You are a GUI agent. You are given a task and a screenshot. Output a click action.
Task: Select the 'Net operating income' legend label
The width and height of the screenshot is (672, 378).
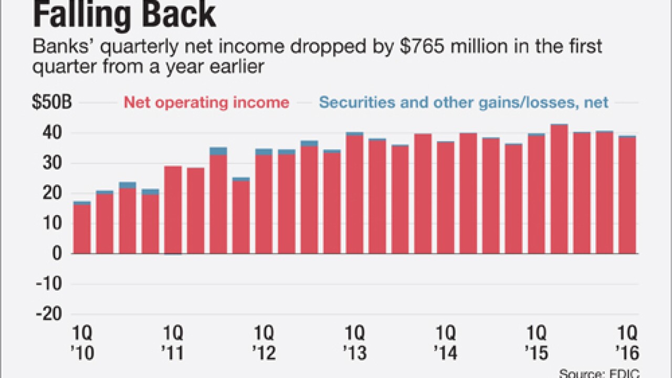coord(206,102)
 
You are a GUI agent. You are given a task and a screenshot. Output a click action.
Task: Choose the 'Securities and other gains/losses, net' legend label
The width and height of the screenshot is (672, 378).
coord(464,102)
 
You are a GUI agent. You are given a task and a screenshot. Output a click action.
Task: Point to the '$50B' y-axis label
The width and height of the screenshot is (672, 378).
coord(52,102)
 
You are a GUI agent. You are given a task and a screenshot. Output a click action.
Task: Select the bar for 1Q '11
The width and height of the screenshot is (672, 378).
coord(173,210)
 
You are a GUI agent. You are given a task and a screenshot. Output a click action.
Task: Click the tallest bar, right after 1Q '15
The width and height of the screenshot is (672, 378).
coord(559,190)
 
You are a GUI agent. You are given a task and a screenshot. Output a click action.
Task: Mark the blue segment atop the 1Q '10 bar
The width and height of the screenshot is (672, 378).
coord(82,203)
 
